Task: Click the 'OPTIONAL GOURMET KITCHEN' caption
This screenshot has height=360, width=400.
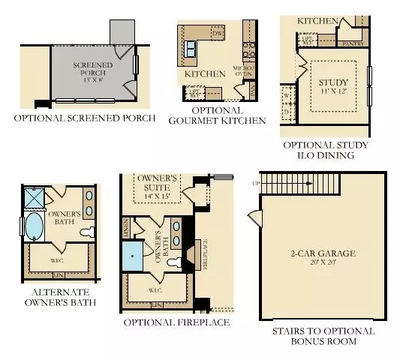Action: [x=218, y=115]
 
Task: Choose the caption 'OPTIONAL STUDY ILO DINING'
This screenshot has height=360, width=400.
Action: [x=328, y=150]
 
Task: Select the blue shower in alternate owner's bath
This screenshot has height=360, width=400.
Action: [x=35, y=198]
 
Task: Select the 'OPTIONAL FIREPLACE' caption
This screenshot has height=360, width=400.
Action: [x=177, y=322]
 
